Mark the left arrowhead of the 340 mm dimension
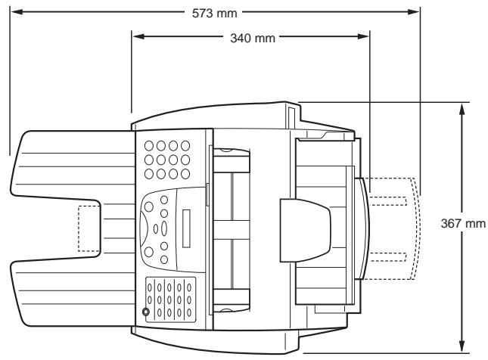[x=137, y=36]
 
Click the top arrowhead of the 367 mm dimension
[x=462, y=107]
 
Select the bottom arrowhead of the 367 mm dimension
[x=462, y=344]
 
